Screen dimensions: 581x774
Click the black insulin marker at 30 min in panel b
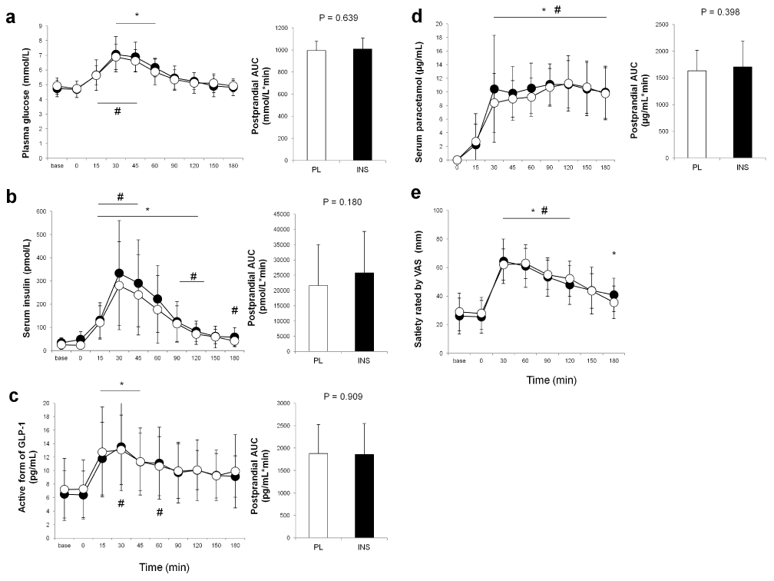pyautogui.click(x=119, y=274)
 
